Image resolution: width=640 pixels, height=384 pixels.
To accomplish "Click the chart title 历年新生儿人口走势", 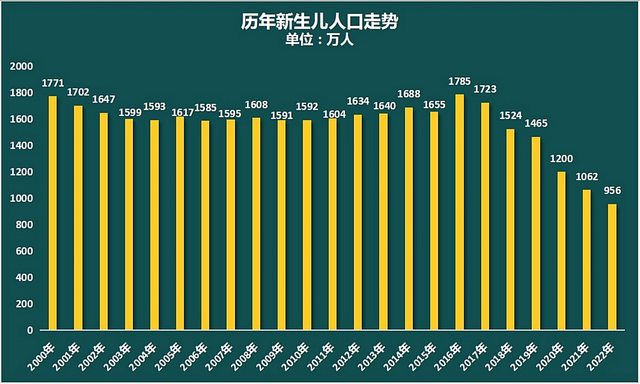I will [x=320, y=22].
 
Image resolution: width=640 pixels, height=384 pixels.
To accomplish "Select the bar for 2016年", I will [x=460, y=212].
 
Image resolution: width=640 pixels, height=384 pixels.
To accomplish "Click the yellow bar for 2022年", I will [x=612, y=267].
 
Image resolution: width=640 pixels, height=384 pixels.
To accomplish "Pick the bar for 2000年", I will [x=53, y=213].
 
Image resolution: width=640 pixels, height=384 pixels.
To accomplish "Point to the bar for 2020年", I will [x=561, y=251].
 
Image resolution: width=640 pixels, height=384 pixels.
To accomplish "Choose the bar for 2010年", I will [x=307, y=225].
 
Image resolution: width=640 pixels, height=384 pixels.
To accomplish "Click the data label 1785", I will [x=459, y=81].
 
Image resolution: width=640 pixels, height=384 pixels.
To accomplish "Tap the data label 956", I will [x=612, y=190].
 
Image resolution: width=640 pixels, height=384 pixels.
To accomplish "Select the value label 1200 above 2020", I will [x=561, y=158].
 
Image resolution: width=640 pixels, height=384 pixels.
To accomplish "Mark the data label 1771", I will [x=53, y=83].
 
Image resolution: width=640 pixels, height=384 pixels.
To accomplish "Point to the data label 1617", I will [x=182, y=112].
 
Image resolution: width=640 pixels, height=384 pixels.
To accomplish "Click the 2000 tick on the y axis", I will [x=21, y=66].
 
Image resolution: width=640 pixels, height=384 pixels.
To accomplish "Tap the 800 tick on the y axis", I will [x=24, y=225].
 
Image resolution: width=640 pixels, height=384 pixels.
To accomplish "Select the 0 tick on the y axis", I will [x=30, y=330].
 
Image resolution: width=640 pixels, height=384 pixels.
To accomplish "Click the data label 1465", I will [x=536, y=123].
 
